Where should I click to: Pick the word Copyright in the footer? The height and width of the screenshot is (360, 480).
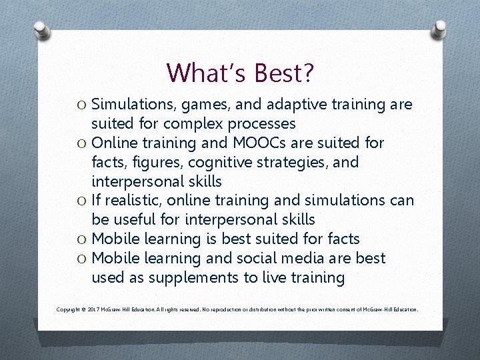(x=69, y=310)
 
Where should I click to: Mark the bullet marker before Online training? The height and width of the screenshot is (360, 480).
(x=82, y=143)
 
